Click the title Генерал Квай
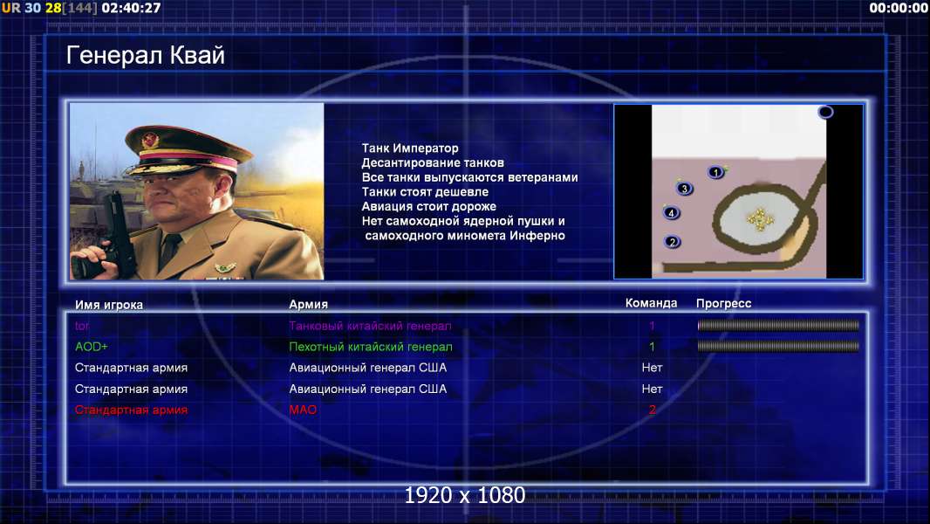tap(146, 55)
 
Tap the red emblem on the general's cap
tap(150, 140)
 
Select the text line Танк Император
tap(410, 148)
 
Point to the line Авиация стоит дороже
tap(429, 206)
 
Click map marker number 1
tap(716, 172)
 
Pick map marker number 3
tap(685, 189)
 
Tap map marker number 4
tap(672, 212)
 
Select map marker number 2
tap(672, 242)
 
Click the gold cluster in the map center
tap(760, 219)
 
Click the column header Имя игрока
tap(108, 305)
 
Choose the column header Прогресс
tap(723, 303)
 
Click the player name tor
tap(82, 326)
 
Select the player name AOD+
tap(92, 347)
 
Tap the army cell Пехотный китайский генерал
tap(371, 347)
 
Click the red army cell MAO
tap(303, 410)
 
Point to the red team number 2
tap(652, 410)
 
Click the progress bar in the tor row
tap(778, 325)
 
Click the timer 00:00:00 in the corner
tap(899, 8)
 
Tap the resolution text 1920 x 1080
tap(465, 495)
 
